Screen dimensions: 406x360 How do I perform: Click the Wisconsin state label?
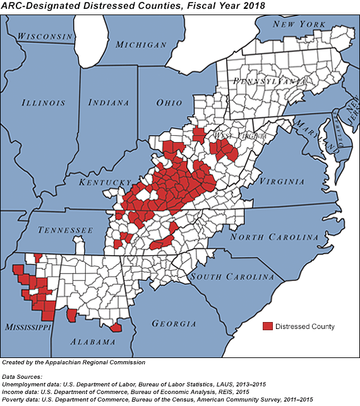[x=45, y=37]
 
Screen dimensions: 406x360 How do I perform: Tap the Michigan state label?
[x=141, y=45]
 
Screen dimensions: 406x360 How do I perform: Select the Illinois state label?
[x=43, y=102]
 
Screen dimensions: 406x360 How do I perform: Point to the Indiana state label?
[x=109, y=102]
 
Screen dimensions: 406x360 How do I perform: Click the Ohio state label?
[x=169, y=102]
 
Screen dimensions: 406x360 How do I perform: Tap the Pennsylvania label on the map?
[x=269, y=81]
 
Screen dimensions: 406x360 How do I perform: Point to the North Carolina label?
[x=274, y=237]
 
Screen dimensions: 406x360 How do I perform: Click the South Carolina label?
[x=232, y=277]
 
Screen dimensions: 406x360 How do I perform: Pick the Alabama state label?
[x=92, y=342]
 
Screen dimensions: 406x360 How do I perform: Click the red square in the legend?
[x=268, y=326]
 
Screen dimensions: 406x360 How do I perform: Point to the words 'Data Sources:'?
[x=23, y=375]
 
